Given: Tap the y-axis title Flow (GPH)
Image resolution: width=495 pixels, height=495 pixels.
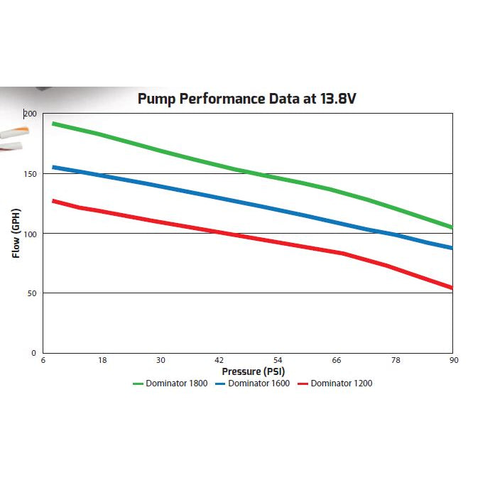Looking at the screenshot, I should [x=16, y=232].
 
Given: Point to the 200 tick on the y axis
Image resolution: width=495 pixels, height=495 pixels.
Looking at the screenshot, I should [x=29, y=114].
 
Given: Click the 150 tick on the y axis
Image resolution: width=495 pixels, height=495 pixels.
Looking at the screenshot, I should [x=29, y=174].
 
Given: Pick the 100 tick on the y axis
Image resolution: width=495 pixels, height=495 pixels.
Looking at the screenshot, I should [x=29, y=234].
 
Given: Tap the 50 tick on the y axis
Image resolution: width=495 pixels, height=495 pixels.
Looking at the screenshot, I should [x=31, y=293].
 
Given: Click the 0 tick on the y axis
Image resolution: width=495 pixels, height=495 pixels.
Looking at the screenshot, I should [x=33, y=352].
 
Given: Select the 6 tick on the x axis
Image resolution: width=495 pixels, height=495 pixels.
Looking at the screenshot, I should [x=43, y=360].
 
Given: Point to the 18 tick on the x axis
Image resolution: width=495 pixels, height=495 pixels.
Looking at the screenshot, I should [x=102, y=360].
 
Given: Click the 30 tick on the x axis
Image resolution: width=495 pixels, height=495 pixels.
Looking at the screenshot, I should [x=161, y=360].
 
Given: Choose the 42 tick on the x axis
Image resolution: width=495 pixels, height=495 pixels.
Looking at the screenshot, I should [x=219, y=360].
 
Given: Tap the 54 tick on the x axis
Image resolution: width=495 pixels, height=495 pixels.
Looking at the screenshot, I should [x=278, y=360].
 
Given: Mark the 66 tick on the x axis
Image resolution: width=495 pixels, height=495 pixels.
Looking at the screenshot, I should [x=337, y=360].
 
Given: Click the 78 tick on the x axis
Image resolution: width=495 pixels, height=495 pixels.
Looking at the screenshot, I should [x=396, y=360].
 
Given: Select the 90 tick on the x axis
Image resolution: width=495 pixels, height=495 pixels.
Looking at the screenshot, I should [x=453, y=360].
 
